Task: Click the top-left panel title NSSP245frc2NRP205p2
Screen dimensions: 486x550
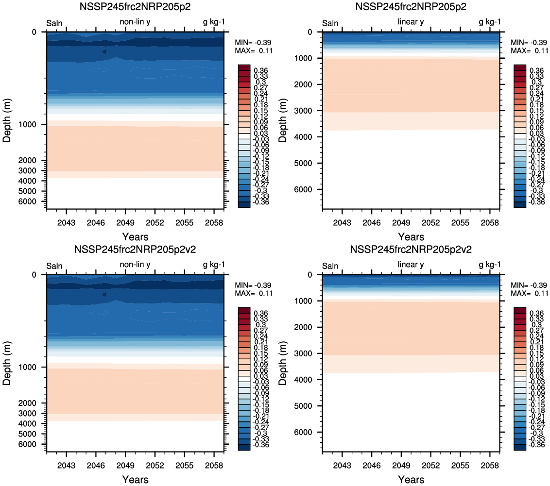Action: [x=135, y=7]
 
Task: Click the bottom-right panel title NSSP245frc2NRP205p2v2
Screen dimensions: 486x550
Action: [x=411, y=250]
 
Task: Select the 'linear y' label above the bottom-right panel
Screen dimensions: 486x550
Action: [x=411, y=264]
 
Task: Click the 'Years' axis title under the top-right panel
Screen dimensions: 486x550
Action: [x=411, y=237]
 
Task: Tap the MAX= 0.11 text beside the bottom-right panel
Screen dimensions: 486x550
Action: [x=529, y=293]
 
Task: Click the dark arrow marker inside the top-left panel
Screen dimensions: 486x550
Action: [x=104, y=51]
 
